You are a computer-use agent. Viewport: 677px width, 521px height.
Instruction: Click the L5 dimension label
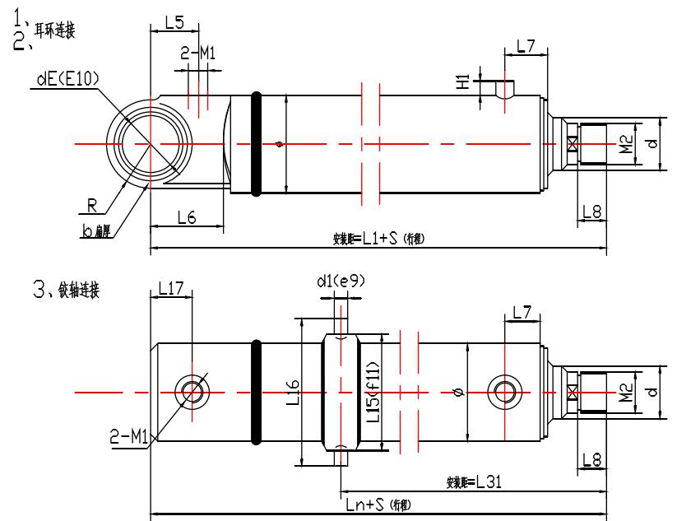pos(174,22)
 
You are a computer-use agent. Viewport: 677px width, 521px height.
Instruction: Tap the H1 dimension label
pos(463,81)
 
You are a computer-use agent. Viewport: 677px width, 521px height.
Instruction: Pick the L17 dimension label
pos(170,289)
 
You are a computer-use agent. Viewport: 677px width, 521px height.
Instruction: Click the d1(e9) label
pos(340,281)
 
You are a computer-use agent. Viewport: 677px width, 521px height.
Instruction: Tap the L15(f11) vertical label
pos(373,392)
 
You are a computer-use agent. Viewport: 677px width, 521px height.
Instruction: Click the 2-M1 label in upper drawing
pos(197,54)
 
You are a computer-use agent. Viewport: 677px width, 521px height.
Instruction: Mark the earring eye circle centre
pos(150,144)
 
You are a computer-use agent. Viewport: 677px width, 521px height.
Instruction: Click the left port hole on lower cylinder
pos(192,392)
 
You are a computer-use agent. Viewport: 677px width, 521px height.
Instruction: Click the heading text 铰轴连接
pos(78,291)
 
